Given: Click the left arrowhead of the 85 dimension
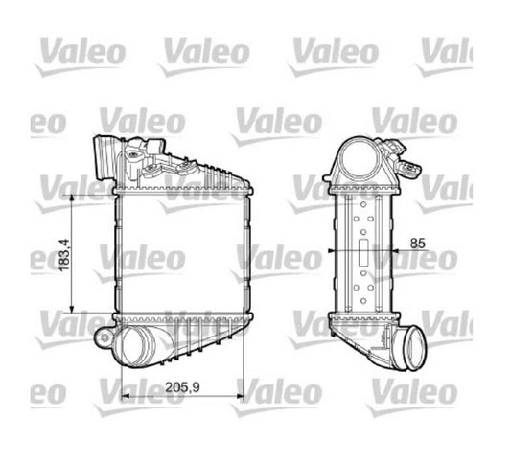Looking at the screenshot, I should point(332,253).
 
